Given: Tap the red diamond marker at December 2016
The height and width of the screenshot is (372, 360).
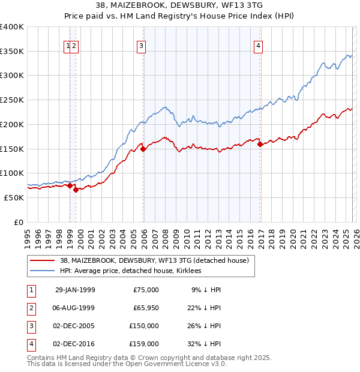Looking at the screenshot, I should tap(260, 144).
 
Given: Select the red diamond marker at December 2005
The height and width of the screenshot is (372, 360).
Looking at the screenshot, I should tap(143, 149).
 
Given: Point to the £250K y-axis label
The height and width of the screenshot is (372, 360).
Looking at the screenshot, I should tap(12, 100).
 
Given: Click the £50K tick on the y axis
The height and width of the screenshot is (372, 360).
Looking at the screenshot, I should tap(14, 197).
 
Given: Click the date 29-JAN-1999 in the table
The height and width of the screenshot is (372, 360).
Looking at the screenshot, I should tap(75, 290).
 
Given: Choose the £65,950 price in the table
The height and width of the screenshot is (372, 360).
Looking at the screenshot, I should tap(144, 308).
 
